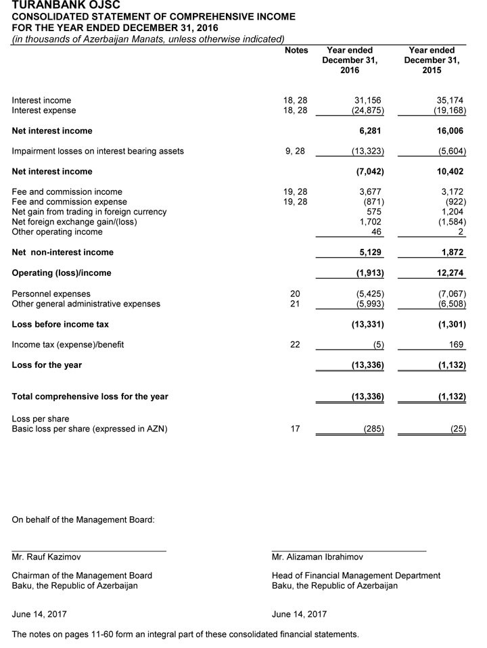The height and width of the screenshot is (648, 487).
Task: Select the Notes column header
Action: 296,51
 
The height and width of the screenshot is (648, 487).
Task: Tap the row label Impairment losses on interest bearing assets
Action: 97,151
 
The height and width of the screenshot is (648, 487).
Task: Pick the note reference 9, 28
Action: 295,151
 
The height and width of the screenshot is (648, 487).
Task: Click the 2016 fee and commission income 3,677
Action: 370,192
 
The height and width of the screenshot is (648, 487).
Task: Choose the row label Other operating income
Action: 57,232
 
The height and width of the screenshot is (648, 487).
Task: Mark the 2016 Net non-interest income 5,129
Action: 370,252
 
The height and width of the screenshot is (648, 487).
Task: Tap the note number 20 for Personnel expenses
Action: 295,294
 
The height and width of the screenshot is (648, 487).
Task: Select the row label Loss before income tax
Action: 60,324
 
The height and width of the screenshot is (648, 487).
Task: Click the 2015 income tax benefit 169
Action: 457,344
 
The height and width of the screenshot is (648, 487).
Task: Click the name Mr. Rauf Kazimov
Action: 46,557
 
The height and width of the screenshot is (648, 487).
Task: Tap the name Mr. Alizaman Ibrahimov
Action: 317,557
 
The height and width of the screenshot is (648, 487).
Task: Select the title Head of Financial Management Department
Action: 356,576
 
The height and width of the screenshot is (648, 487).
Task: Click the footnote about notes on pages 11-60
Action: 185,634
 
